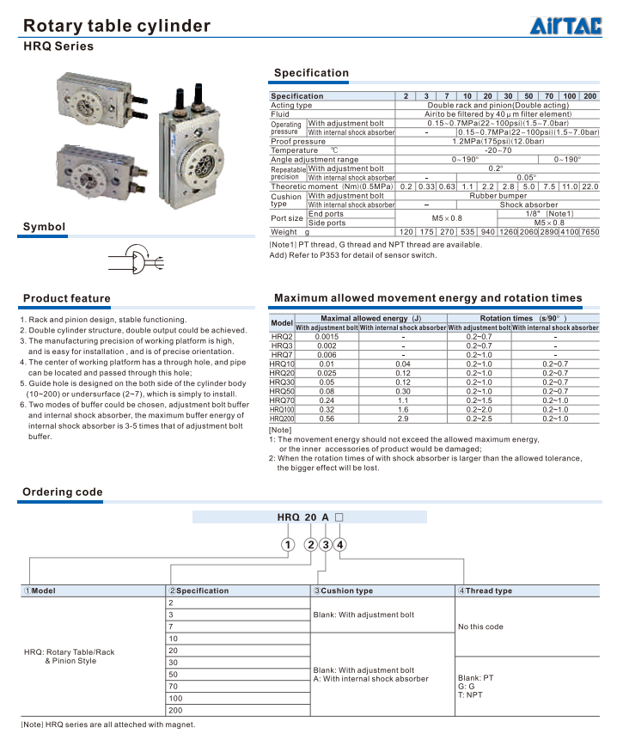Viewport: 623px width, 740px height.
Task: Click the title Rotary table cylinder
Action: [x=116, y=26]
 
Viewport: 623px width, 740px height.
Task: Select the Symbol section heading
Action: [x=44, y=227]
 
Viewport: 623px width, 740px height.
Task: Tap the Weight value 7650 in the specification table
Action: [x=589, y=232]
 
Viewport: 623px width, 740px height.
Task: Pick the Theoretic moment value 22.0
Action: [x=589, y=187]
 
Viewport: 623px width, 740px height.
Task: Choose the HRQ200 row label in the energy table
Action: [x=282, y=419]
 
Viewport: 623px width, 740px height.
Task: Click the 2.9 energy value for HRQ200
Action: [x=402, y=419]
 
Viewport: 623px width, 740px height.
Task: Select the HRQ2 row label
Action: [x=282, y=336]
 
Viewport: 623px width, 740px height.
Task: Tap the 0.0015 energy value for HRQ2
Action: [x=327, y=336]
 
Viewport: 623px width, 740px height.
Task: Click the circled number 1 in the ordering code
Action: [x=287, y=544]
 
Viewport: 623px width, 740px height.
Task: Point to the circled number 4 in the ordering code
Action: [x=340, y=544]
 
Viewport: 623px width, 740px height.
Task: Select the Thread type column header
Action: [x=490, y=590]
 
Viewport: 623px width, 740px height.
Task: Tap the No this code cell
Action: [x=480, y=627]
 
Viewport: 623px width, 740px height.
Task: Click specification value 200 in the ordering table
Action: [x=175, y=711]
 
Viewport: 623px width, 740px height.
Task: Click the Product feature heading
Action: [x=66, y=298]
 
